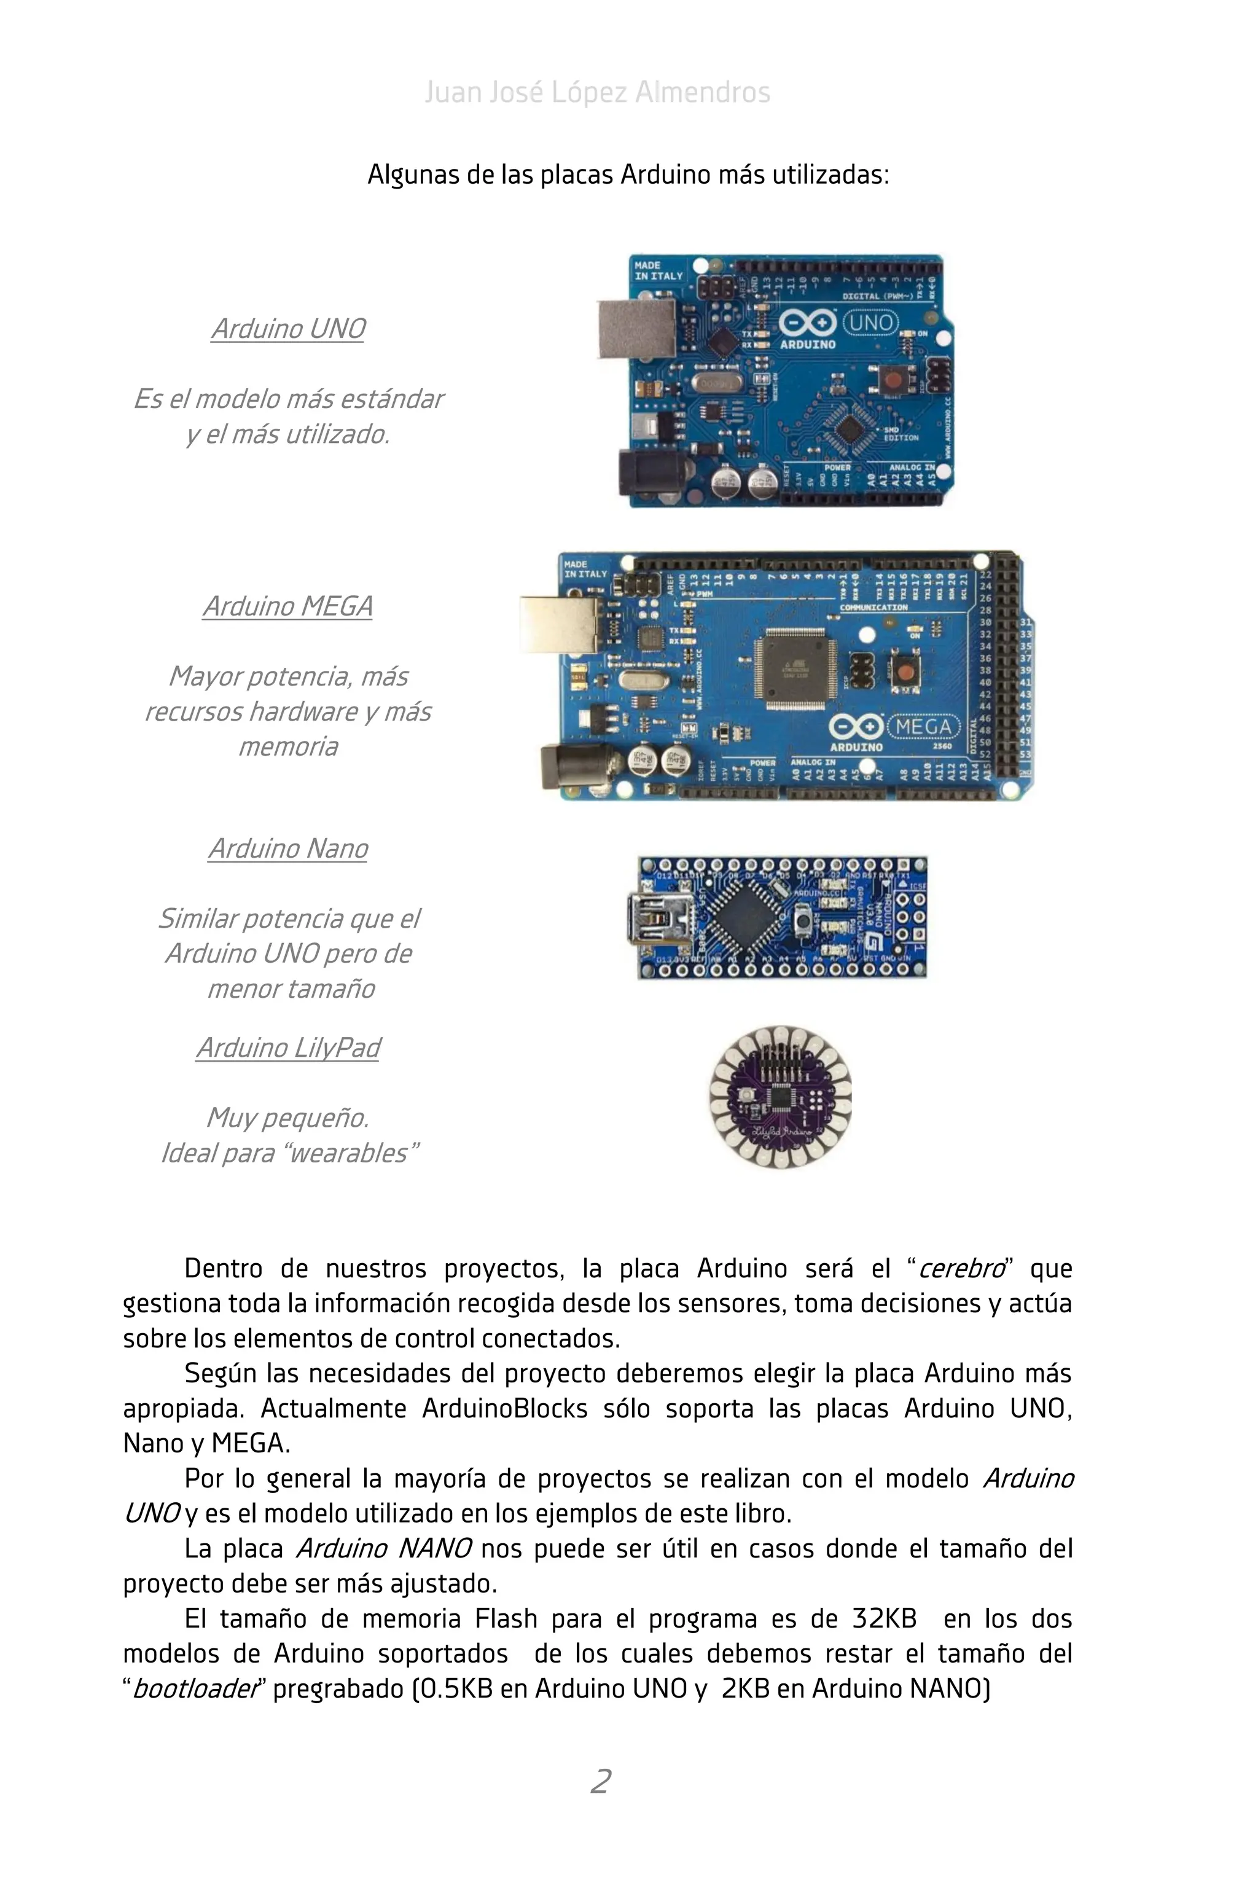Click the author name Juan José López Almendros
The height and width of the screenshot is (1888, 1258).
tap(597, 92)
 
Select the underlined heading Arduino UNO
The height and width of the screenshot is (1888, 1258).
tap(288, 329)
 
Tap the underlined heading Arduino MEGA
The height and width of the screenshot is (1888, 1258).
tap(288, 606)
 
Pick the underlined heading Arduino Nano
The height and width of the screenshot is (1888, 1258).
tap(288, 849)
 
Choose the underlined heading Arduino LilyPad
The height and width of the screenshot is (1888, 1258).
tap(288, 1048)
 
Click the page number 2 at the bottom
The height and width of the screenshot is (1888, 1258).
tap(601, 1781)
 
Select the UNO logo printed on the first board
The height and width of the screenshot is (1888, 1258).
tap(871, 323)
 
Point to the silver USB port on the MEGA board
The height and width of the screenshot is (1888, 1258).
tap(559, 624)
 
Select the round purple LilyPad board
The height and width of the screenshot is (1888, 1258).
tap(780, 1096)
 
